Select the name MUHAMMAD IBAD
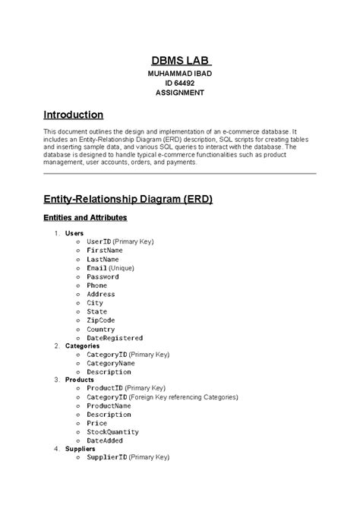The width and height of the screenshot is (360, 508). tap(180, 74)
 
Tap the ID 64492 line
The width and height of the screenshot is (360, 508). tap(180, 83)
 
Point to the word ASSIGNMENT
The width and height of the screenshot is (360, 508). tap(180, 93)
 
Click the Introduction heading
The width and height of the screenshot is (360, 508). tap(73, 115)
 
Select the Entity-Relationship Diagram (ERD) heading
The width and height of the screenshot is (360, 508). tap(128, 199)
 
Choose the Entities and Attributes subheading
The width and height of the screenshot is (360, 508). tap(85, 218)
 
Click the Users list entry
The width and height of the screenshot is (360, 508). tap(75, 232)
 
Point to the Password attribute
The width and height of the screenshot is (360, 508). tap(103, 276)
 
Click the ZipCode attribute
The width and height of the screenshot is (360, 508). tap(101, 320)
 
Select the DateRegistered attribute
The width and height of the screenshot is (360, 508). tap(115, 338)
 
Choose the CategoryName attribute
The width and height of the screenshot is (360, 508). tap(111, 364)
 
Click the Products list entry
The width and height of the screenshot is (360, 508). tap(80, 379)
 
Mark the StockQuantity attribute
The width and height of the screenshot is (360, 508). tap(113, 431)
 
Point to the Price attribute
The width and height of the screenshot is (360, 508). tap(96, 423)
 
